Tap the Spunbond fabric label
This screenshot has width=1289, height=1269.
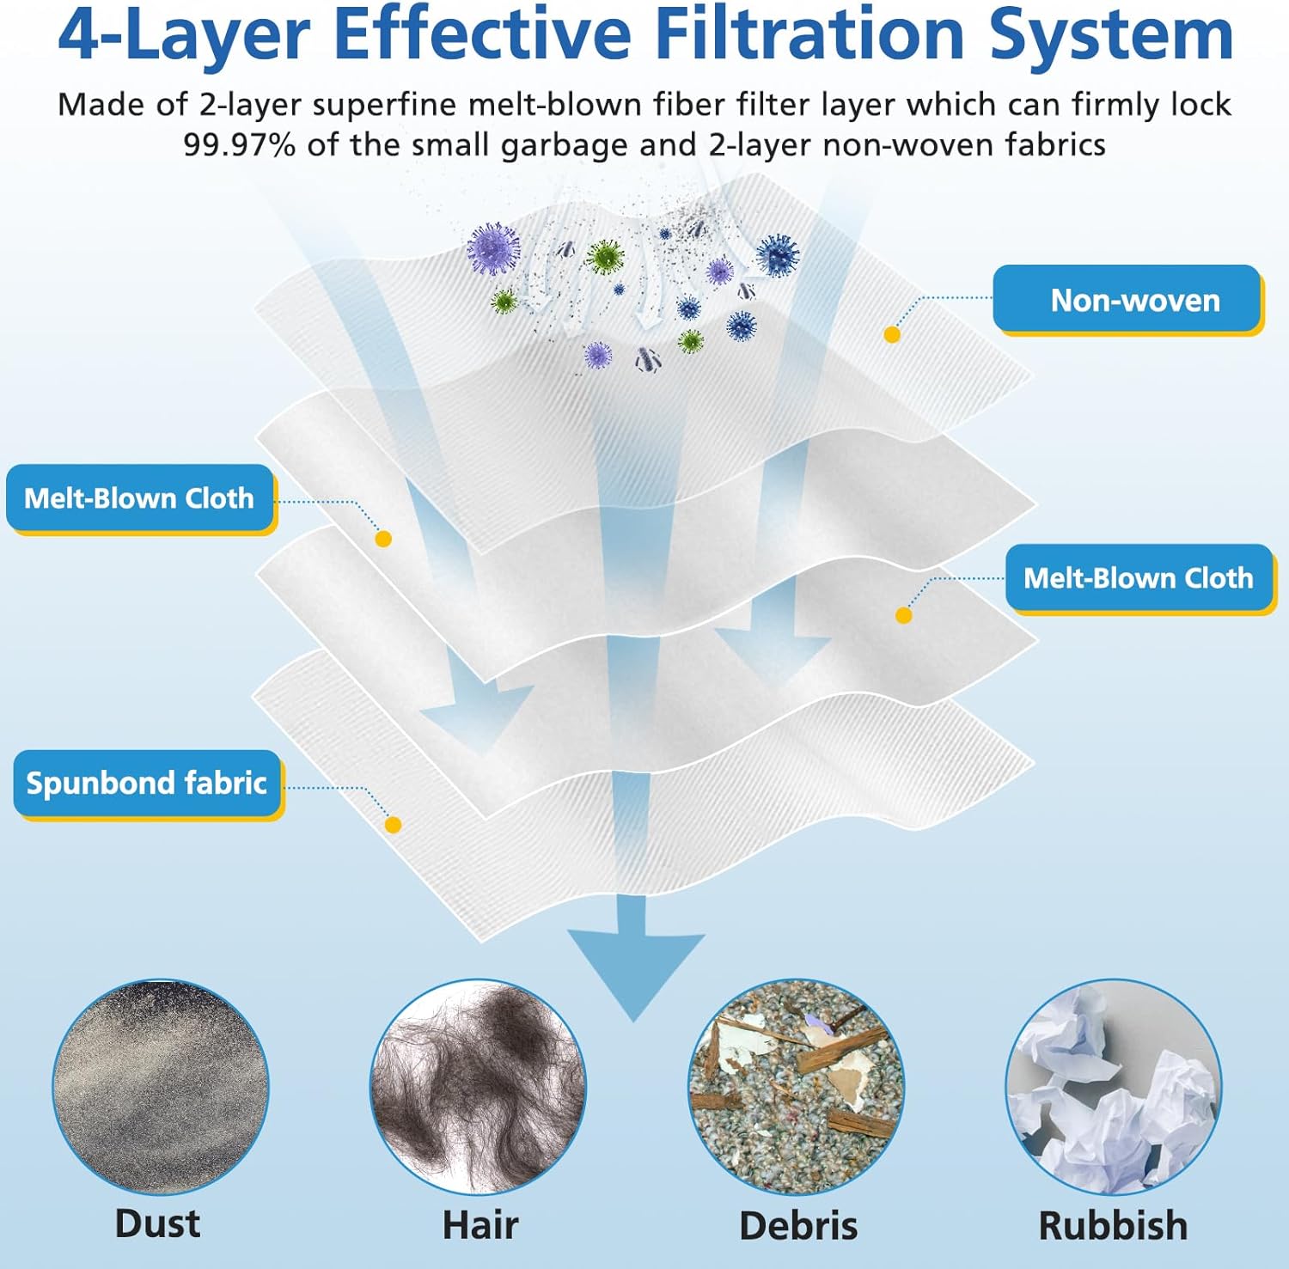pyautogui.click(x=147, y=783)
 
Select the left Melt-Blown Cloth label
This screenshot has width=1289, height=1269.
pyautogui.click(x=139, y=497)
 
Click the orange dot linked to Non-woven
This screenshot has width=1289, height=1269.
pyautogui.click(x=892, y=334)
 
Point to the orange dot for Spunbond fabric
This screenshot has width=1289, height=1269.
pyautogui.click(x=393, y=825)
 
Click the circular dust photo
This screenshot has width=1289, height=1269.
pyautogui.click(x=160, y=1087)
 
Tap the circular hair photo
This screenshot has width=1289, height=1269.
pyautogui.click(x=478, y=1087)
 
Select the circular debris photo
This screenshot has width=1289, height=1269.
pyautogui.click(x=797, y=1087)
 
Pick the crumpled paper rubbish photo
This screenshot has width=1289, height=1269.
pyautogui.click(x=1114, y=1087)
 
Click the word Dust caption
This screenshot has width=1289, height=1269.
pyautogui.click(x=158, y=1223)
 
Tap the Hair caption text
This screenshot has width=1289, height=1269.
pyautogui.click(x=480, y=1225)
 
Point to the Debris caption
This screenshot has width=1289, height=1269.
pyautogui.click(x=798, y=1226)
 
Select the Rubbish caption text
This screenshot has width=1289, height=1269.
pyautogui.click(x=1113, y=1226)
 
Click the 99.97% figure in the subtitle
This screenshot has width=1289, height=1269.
pyautogui.click(x=240, y=144)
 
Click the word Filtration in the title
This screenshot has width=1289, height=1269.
pyautogui.click(x=809, y=34)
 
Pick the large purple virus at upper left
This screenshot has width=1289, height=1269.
pyautogui.click(x=493, y=247)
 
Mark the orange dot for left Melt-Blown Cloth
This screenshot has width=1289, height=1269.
pyautogui.click(x=383, y=539)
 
